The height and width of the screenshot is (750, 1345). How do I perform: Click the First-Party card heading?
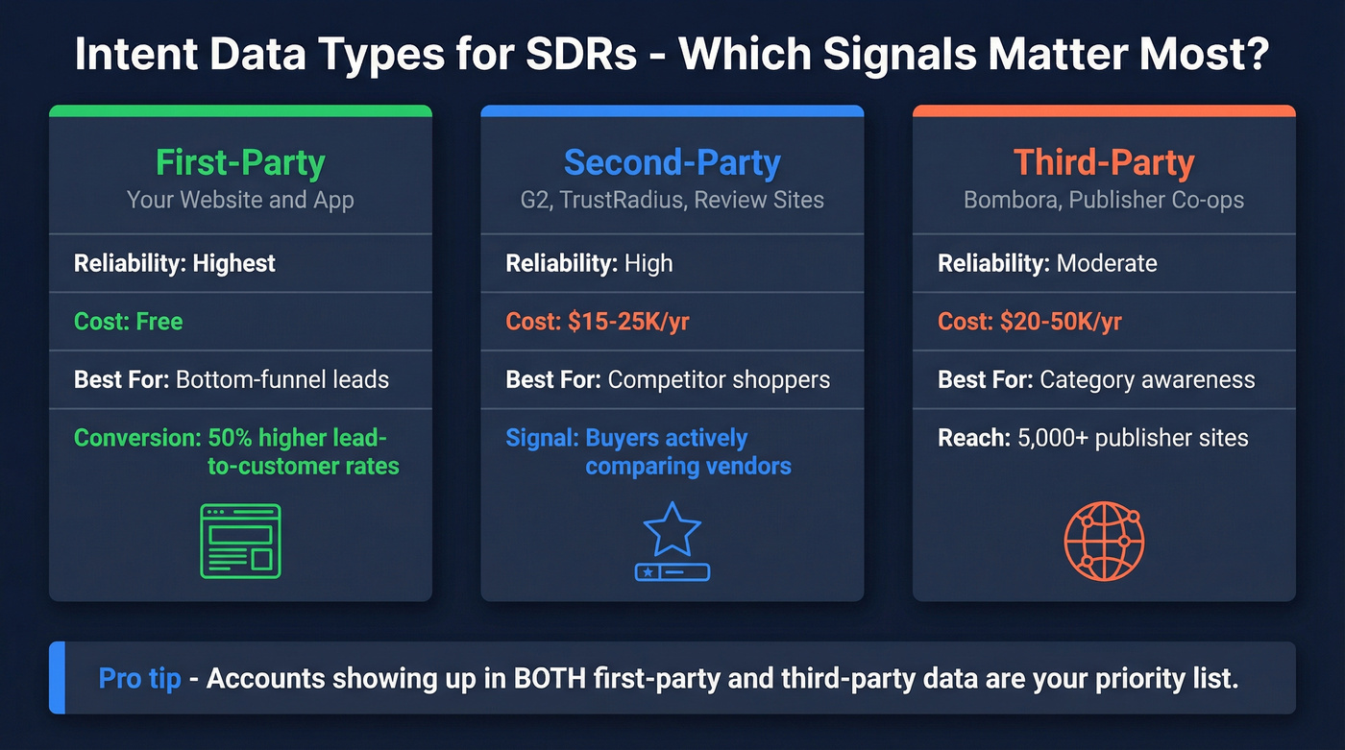(x=240, y=162)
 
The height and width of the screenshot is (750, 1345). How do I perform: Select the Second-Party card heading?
(x=672, y=162)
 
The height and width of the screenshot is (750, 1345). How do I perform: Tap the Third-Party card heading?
(x=1104, y=162)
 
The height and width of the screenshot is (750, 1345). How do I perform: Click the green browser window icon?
(x=240, y=541)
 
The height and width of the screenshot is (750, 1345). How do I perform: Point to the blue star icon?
(x=672, y=530)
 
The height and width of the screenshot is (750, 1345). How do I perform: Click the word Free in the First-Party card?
(x=159, y=322)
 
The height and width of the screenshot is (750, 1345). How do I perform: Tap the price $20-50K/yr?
(x=1061, y=322)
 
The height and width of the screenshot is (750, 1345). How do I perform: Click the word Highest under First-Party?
(x=233, y=264)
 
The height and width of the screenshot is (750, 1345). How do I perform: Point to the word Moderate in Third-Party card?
(x=1107, y=264)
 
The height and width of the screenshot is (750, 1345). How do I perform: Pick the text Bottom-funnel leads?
(x=282, y=379)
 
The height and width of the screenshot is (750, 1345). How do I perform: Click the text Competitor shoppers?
(x=719, y=379)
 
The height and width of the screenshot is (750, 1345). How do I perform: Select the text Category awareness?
(x=1147, y=379)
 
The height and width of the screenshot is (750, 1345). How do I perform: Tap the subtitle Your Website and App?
(x=240, y=201)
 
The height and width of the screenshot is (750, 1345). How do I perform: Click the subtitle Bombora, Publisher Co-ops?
(x=1104, y=201)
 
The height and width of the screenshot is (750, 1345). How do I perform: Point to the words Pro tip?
(x=139, y=679)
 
